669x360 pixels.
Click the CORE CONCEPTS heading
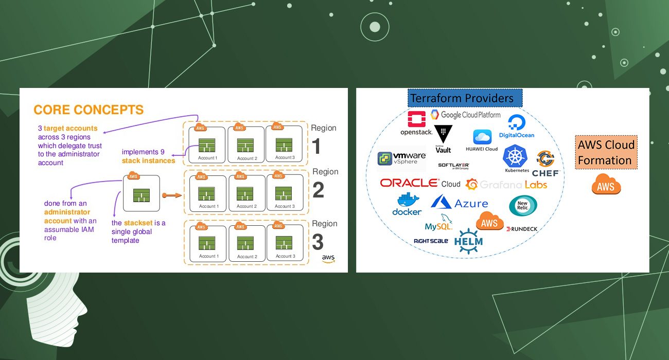(89, 110)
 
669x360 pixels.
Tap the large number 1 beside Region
(316, 147)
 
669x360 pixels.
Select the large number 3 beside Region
(319, 242)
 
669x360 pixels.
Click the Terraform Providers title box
(465, 98)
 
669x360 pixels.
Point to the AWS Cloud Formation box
(606, 153)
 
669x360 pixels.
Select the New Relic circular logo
(523, 206)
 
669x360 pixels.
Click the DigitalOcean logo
(516, 126)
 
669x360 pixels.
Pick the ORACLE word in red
(409, 183)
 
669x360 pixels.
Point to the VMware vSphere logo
(402, 158)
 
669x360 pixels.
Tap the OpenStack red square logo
(416, 119)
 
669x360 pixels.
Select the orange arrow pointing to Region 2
(172, 195)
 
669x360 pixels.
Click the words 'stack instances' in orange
(148, 161)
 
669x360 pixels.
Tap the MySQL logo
(439, 223)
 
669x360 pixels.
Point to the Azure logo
(460, 202)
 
